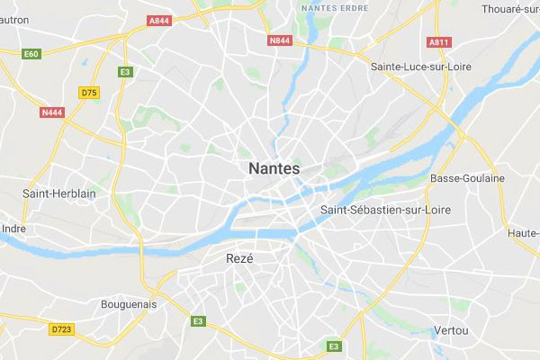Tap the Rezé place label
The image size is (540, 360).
[x=238, y=258]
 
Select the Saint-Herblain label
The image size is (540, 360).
[x=59, y=193]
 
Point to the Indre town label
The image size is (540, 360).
[x=13, y=228]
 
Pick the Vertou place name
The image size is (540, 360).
[x=451, y=330]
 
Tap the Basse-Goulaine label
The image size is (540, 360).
[x=468, y=178]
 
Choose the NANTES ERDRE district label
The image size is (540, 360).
[x=334, y=8]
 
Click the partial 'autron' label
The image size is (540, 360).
[x=15, y=19]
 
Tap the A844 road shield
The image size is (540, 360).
[x=159, y=19]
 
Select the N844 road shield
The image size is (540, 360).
[x=280, y=40]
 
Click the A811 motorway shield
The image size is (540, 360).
[x=438, y=42]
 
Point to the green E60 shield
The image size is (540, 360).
[x=32, y=53]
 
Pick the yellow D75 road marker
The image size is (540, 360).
[x=88, y=92]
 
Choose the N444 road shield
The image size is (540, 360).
[x=52, y=112]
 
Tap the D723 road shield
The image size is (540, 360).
[x=61, y=329]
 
